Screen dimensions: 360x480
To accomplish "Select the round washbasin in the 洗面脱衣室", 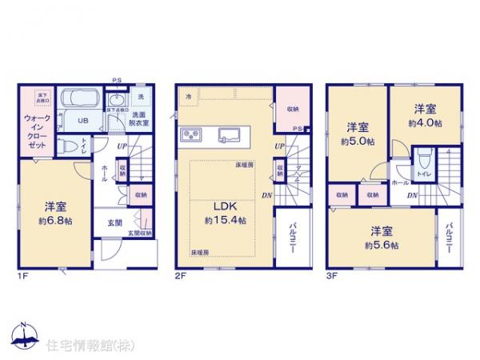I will pos(117,101).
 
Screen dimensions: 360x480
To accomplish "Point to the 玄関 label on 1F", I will pos(114,221).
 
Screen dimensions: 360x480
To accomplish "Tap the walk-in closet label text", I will pos(33,128).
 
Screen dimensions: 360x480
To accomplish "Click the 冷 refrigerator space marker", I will pos(189,97).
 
